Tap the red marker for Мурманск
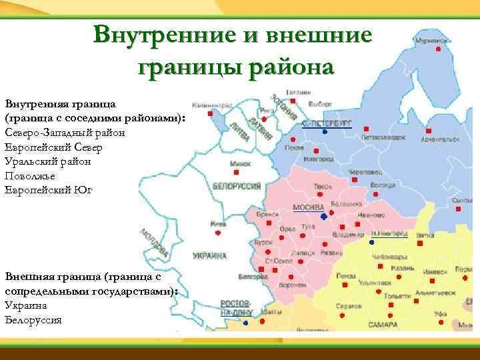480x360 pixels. (439, 49)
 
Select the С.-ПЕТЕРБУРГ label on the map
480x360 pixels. (327, 124)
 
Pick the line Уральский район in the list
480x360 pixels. (47, 161)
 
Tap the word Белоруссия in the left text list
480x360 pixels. (33, 319)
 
